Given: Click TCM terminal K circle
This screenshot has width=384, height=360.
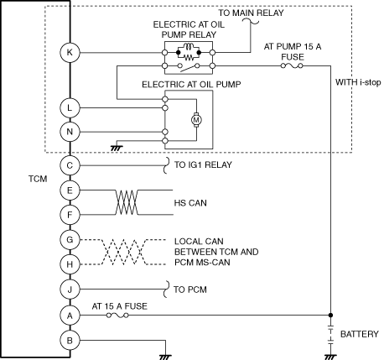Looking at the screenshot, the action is click(70, 52).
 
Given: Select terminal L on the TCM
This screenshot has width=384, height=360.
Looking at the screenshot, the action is click(70, 107).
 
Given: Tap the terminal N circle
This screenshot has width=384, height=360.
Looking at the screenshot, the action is click(70, 132).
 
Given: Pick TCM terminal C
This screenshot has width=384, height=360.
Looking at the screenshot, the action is click(70, 165).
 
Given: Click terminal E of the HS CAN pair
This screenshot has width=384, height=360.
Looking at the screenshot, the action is click(70, 190).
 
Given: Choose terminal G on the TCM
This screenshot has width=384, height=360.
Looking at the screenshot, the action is click(70, 240).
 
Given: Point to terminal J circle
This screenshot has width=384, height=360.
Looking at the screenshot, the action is click(70, 290).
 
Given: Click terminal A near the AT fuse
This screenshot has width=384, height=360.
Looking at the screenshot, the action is click(70, 316).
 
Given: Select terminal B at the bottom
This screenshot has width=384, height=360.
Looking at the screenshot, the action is click(70, 341).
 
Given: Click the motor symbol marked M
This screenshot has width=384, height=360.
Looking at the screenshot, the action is click(196, 120).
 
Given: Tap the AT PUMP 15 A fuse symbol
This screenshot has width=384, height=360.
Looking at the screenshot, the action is click(292, 65).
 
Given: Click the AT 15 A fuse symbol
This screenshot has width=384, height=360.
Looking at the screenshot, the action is click(117, 316).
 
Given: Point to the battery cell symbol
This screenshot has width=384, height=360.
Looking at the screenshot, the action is click(330, 334).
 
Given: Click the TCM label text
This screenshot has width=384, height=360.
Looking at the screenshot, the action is click(38, 179).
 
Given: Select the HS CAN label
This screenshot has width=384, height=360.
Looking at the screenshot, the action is click(190, 203).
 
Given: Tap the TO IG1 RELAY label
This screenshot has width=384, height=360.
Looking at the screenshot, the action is click(203, 164).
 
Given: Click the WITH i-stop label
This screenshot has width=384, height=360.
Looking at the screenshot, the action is click(358, 82).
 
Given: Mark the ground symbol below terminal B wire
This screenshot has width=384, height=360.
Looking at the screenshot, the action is click(165, 357).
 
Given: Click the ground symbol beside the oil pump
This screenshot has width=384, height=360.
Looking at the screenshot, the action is click(117, 149).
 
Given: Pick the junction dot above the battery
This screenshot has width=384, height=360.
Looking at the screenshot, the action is click(330, 316).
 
